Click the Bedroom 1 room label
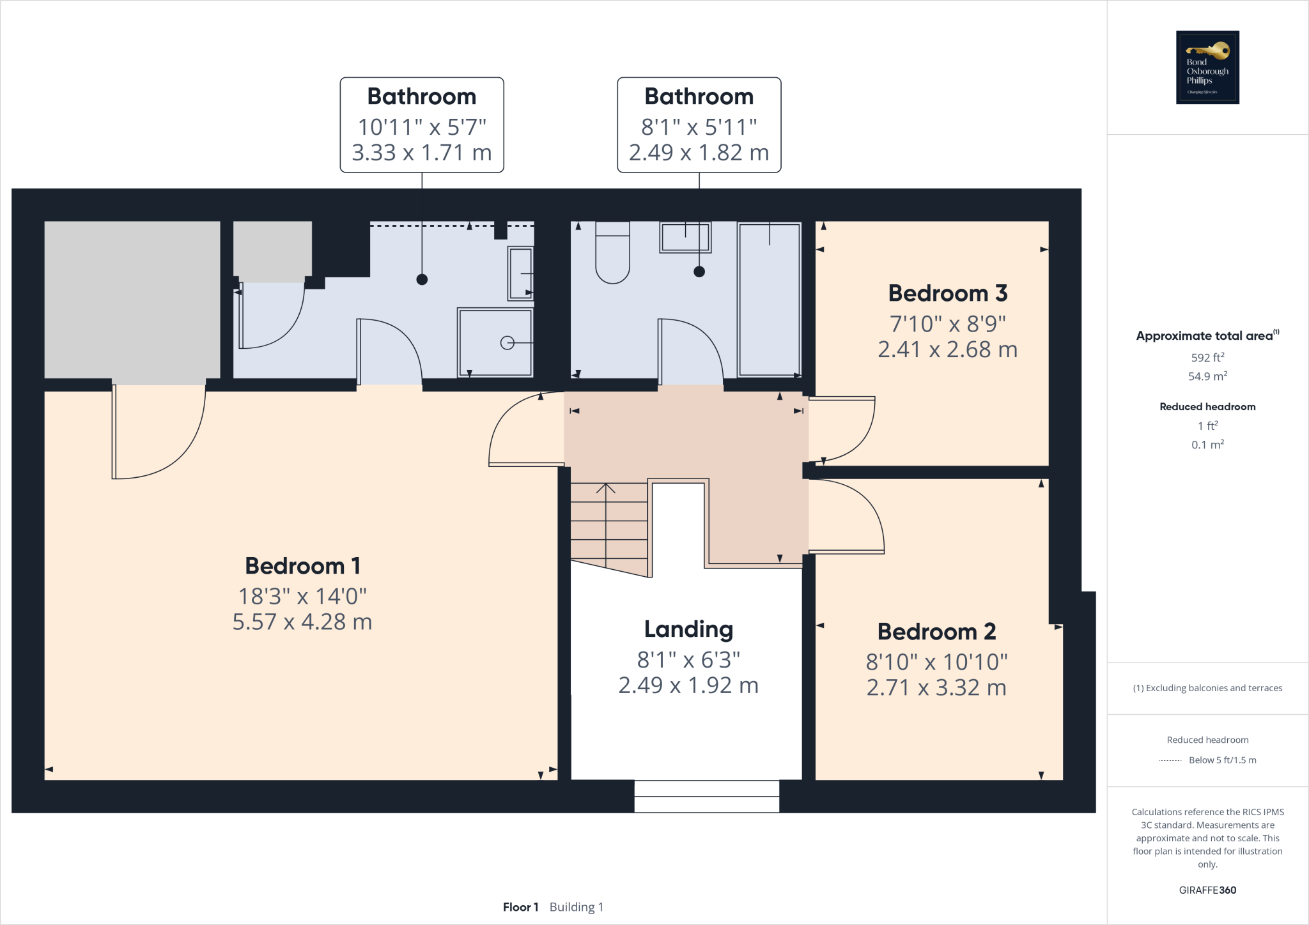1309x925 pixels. click(302, 566)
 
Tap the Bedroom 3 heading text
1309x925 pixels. click(947, 293)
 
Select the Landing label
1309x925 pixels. click(688, 629)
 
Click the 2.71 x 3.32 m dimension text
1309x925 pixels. click(936, 688)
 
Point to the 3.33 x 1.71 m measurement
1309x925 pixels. click(421, 153)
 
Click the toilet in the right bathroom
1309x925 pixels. click(612, 252)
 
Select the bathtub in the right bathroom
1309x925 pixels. click(769, 299)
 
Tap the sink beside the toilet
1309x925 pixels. click(685, 237)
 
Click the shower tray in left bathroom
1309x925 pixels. click(495, 342)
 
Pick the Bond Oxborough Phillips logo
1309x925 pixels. click(1207, 67)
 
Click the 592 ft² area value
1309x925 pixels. click(1207, 358)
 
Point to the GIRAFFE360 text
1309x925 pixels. click(1207, 890)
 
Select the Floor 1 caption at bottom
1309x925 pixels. click(520, 907)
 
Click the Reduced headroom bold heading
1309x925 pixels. click(1207, 407)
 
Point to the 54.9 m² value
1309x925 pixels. click(1207, 377)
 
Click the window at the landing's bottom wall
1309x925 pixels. click(706, 797)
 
